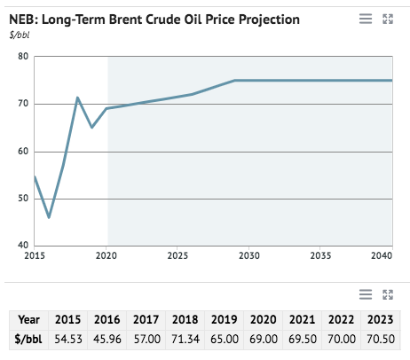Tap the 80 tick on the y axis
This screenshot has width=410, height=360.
click(x=23, y=57)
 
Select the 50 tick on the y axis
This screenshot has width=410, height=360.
click(x=23, y=198)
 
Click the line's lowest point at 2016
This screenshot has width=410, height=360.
click(x=49, y=217)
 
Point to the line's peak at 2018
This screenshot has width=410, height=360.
click(x=78, y=98)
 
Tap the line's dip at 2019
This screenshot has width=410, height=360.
click(x=92, y=127)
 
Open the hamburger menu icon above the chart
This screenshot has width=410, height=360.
click(x=365, y=19)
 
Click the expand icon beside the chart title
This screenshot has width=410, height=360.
click(x=387, y=19)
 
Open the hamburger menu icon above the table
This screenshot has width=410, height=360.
click(x=365, y=293)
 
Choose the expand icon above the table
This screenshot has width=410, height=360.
click(x=387, y=293)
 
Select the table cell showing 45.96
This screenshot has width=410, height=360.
click(x=106, y=339)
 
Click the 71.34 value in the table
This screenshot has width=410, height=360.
click(x=185, y=339)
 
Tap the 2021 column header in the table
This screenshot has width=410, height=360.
click(x=303, y=319)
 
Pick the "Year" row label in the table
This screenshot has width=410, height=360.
click(x=28, y=319)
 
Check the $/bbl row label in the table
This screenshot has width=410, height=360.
click(x=28, y=339)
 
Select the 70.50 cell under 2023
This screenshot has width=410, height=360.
click(x=381, y=339)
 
